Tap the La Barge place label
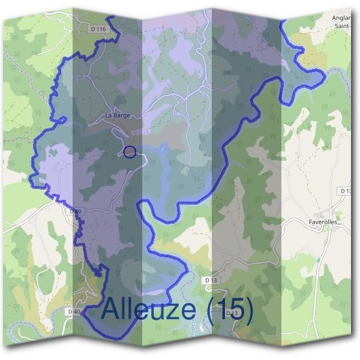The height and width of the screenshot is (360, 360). tap(117, 115)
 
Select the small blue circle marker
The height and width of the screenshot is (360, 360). tap(130, 152)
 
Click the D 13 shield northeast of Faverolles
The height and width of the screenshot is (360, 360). tap(346, 191)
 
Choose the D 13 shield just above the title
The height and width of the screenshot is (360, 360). tap(211, 280)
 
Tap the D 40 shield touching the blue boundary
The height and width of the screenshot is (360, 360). tap(74, 211)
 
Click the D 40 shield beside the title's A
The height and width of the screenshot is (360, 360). tap(74, 312)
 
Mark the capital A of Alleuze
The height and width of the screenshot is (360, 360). tap(112, 310)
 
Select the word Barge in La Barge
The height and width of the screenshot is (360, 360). tap(122, 115)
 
